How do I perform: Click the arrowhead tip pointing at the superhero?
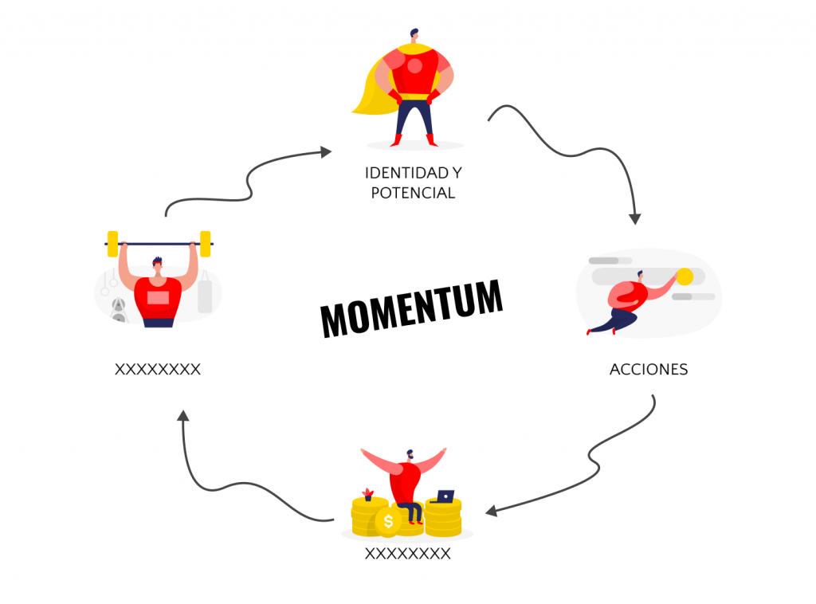coord(331,151)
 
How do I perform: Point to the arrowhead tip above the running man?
coord(635,224)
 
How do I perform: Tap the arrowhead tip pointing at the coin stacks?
coord(485,512)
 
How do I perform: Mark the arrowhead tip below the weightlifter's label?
coord(182,410)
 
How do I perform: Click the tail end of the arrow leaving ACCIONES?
coord(653,396)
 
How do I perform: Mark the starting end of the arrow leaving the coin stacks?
coord(333,520)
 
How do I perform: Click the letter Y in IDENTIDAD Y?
coord(457,173)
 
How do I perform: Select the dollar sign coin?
coord(388,521)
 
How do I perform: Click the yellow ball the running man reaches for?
coord(685,277)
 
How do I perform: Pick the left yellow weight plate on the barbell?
coord(112,244)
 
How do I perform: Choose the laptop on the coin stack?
coord(443,497)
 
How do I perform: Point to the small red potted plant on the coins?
coord(368,494)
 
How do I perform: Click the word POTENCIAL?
coord(414,193)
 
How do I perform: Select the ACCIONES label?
coord(649,370)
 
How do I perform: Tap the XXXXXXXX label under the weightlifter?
coord(158,370)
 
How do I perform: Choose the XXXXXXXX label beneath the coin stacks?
coord(407,554)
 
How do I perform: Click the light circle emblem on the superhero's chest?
coord(414,65)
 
